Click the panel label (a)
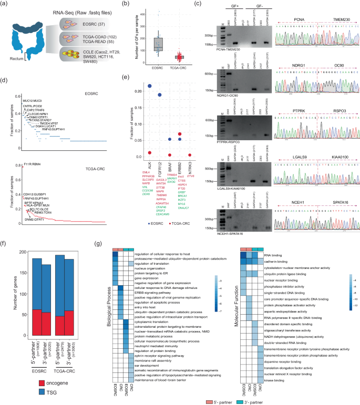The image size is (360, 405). click(x=5, y=5)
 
